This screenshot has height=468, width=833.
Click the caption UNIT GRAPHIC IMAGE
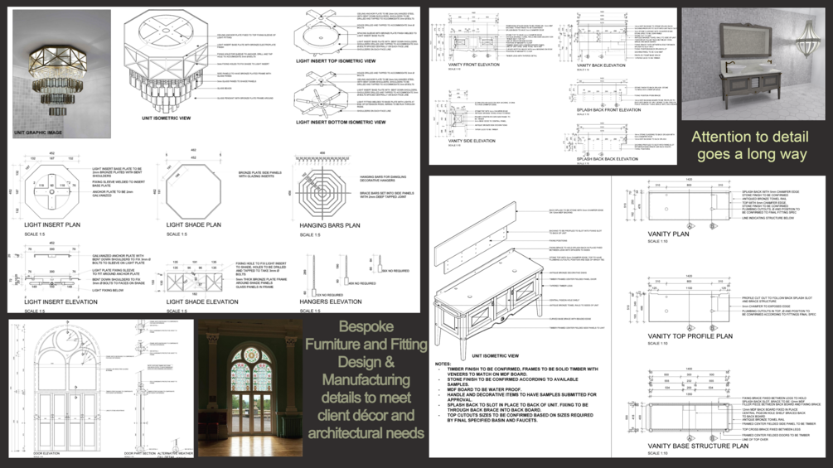click(38, 133)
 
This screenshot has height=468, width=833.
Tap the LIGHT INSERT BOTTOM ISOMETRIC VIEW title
click(341, 122)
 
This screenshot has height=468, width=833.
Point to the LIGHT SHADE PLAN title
click(193, 224)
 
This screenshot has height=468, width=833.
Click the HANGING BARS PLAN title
click(329, 224)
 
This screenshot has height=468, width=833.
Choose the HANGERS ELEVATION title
click(329, 302)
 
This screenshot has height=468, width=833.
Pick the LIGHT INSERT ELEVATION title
click(61, 302)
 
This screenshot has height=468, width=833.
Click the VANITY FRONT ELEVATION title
click(473, 65)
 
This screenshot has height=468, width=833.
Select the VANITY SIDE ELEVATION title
click(471, 141)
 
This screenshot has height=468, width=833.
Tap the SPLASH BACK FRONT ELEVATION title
click(608, 110)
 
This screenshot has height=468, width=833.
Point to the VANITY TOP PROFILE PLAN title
click(690, 336)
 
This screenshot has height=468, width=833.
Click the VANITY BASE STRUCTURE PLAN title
click(698, 446)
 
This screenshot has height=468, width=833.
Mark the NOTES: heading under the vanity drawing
click(443, 364)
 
